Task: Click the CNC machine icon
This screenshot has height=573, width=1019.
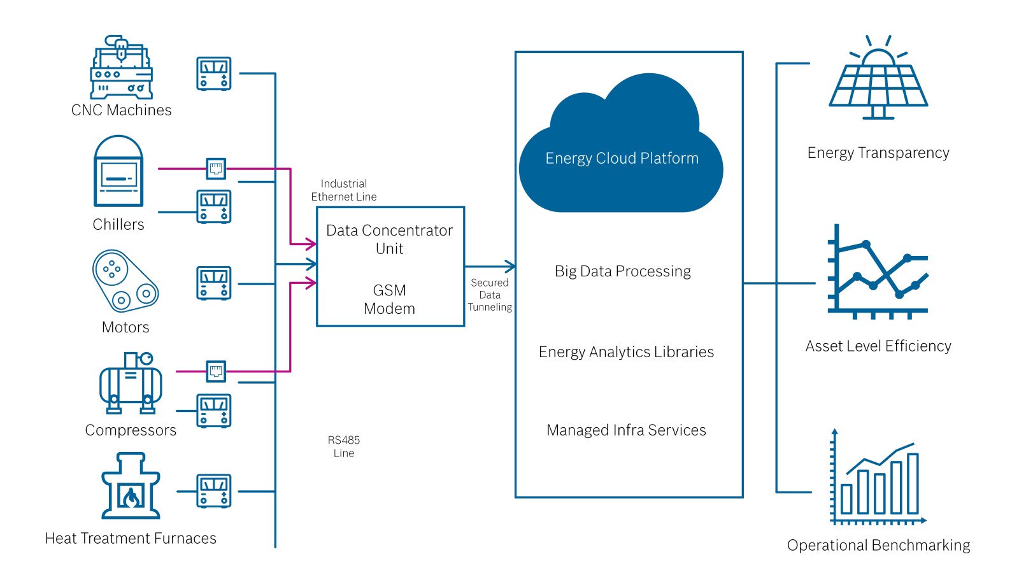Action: (x=122, y=67)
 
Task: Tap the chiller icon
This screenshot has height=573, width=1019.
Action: (x=118, y=171)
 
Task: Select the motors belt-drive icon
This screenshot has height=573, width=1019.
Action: (x=125, y=281)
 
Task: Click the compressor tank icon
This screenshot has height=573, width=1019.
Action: (x=131, y=383)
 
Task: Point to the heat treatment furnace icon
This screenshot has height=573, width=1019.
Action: (x=131, y=486)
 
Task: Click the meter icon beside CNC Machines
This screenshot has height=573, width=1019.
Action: (x=214, y=74)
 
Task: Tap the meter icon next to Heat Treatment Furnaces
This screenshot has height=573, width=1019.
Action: (x=214, y=491)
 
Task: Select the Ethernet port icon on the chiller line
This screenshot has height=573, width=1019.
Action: (x=216, y=169)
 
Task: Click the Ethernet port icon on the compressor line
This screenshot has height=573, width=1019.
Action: (x=216, y=371)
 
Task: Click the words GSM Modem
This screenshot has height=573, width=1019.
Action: (x=389, y=299)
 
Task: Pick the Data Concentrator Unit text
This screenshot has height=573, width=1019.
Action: (x=389, y=239)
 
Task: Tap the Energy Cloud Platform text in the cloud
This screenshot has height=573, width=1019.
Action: (x=622, y=159)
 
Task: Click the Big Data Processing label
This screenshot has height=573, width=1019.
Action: (x=623, y=271)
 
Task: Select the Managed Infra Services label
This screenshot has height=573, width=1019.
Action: (x=627, y=430)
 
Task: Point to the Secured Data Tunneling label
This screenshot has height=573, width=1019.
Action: (x=490, y=295)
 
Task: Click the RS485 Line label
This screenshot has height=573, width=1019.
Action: (x=344, y=446)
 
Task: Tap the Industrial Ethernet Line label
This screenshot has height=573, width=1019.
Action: (x=344, y=190)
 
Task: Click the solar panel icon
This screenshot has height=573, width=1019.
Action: (x=878, y=77)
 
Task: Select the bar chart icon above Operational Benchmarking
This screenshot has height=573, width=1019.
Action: (x=878, y=477)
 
